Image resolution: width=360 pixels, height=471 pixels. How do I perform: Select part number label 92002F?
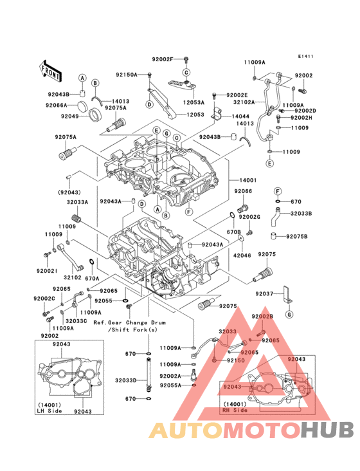tap(163, 59)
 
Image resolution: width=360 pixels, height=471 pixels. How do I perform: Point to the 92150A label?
tap(127, 75)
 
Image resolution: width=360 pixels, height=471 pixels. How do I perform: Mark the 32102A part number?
tap(244, 102)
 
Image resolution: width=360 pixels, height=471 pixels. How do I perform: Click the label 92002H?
tap(301, 118)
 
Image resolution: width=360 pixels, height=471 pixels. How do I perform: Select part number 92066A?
tap(59, 105)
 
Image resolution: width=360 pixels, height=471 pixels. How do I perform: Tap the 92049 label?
tap(70, 116)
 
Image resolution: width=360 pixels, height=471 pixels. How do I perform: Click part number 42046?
tap(242, 254)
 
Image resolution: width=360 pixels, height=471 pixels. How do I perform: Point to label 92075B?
tap(296, 236)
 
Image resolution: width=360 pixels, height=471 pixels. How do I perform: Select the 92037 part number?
tap(264, 293)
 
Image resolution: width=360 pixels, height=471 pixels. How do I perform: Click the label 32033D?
tap(126, 380)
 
